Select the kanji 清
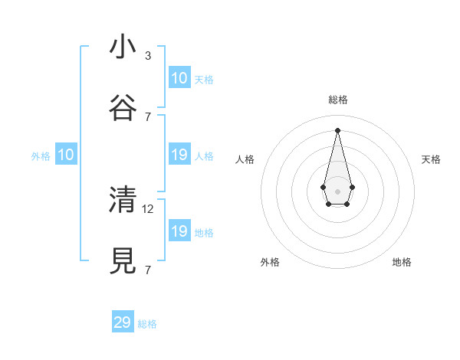(x=123, y=199)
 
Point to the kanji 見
(x=123, y=260)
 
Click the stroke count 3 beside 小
(x=148, y=56)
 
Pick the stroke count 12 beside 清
(x=149, y=208)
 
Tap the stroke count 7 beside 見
(x=148, y=270)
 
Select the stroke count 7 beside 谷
(x=148, y=116)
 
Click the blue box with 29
(x=123, y=322)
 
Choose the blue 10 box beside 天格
(x=179, y=78)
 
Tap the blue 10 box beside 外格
(x=66, y=155)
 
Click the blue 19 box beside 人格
(x=179, y=155)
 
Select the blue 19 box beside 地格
(x=179, y=231)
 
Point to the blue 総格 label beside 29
(x=147, y=324)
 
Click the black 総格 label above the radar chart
(x=337, y=100)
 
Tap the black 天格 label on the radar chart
(x=431, y=159)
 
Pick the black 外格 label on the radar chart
(x=270, y=262)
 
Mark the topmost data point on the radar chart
(x=337, y=129)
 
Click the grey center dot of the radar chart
(x=337, y=190)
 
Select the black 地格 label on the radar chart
(x=402, y=262)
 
